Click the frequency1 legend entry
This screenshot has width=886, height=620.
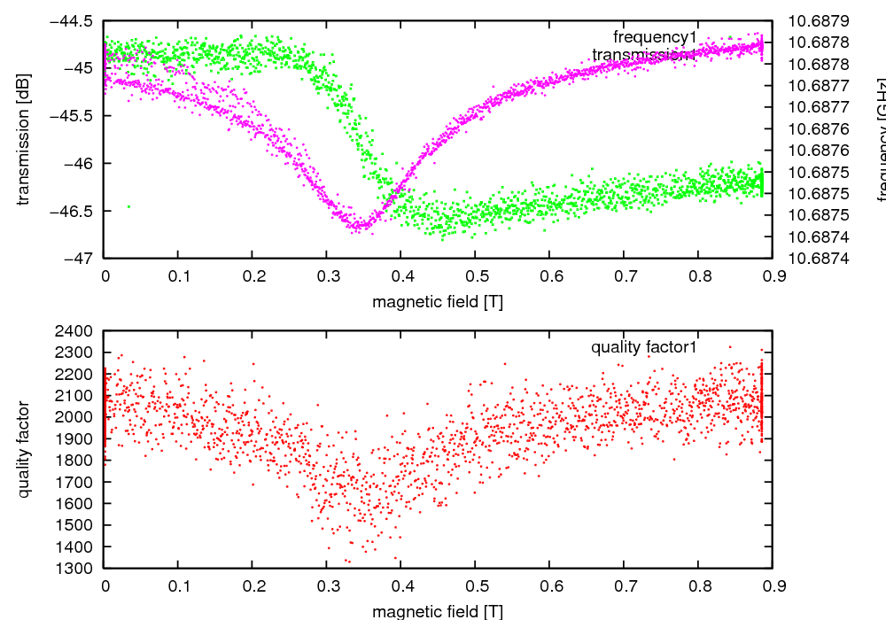click(x=655, y=36)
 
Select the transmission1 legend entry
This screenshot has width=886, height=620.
click(x=642, y=55)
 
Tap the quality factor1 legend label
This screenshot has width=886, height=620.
click(x=644, y=347)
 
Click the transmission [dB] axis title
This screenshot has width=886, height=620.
click(x=24, y=139)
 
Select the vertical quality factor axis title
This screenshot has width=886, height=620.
click(x=24, y=449)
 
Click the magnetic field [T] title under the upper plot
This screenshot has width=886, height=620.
click(x=438, y=302)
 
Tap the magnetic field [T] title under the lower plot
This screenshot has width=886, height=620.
click(x=438, y=611)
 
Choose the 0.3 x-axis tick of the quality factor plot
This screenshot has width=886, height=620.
click(x=327, y=585)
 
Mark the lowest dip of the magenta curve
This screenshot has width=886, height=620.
click(x=359, y=228)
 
